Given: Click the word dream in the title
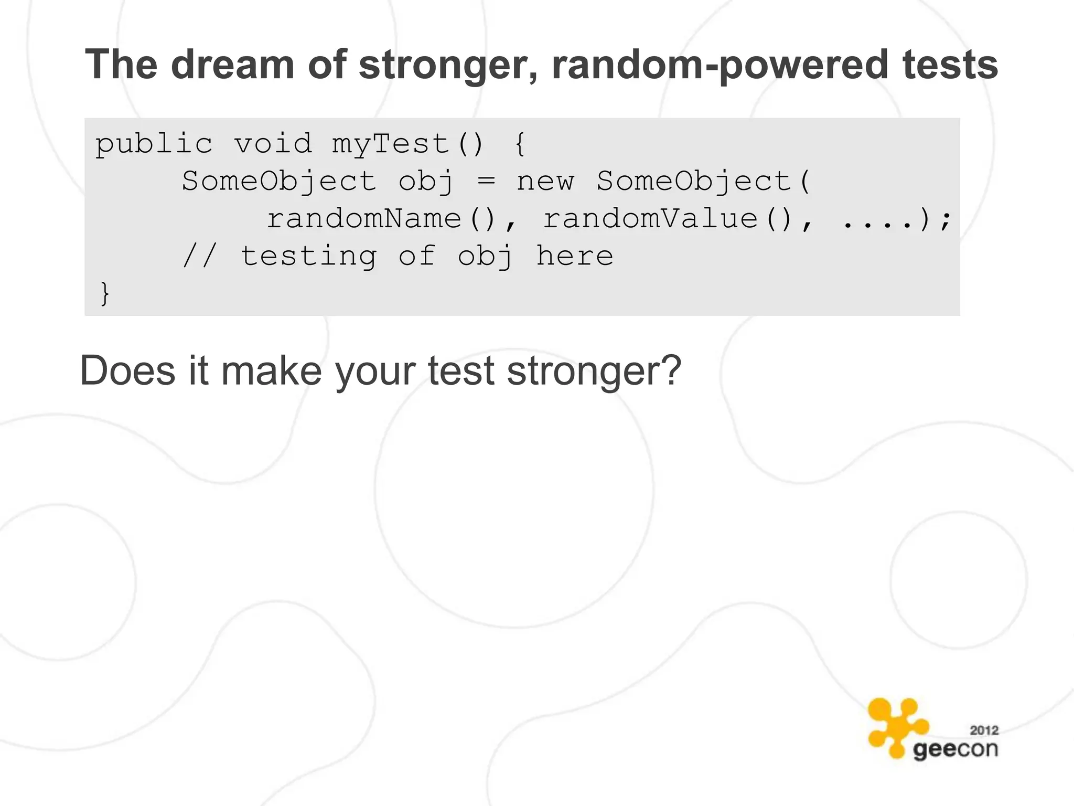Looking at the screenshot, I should click(x=232, y=65).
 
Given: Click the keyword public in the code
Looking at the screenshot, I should click(x=154, y=144).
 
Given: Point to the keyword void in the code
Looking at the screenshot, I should click(x=273, y=144).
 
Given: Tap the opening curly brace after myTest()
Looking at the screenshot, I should click(x=520, y=144).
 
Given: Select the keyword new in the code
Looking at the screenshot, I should click(x=545, y=182).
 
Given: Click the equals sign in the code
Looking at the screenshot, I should click(x=486, y=182).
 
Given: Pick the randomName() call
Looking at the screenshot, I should click(x=382, y=219).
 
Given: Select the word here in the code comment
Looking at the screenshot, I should click(x=574, y=256).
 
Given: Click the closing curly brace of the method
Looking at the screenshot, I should click(x=105, y=293).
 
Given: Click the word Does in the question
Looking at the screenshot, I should click(x=127, y=371).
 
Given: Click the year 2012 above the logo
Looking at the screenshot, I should click(x=984, y=730).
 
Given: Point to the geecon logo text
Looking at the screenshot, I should click(x=955, y=749).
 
